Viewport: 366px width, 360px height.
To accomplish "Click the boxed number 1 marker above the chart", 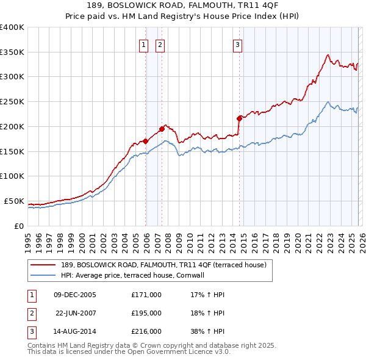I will (143, 44).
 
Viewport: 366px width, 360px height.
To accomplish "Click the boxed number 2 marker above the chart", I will (160, 44).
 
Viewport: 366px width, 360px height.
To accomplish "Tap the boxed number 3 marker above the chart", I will (237, 44).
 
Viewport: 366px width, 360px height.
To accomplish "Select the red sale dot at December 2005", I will (145, 141).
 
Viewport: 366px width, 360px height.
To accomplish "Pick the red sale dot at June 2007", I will (162, 129).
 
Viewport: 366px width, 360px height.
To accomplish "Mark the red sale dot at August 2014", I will (239, 118).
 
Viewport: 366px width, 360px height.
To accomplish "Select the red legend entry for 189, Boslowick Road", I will (163, 265).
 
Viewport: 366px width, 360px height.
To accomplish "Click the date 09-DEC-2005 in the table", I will (75, 295).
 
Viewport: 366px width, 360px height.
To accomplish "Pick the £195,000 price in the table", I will (146, 313).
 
